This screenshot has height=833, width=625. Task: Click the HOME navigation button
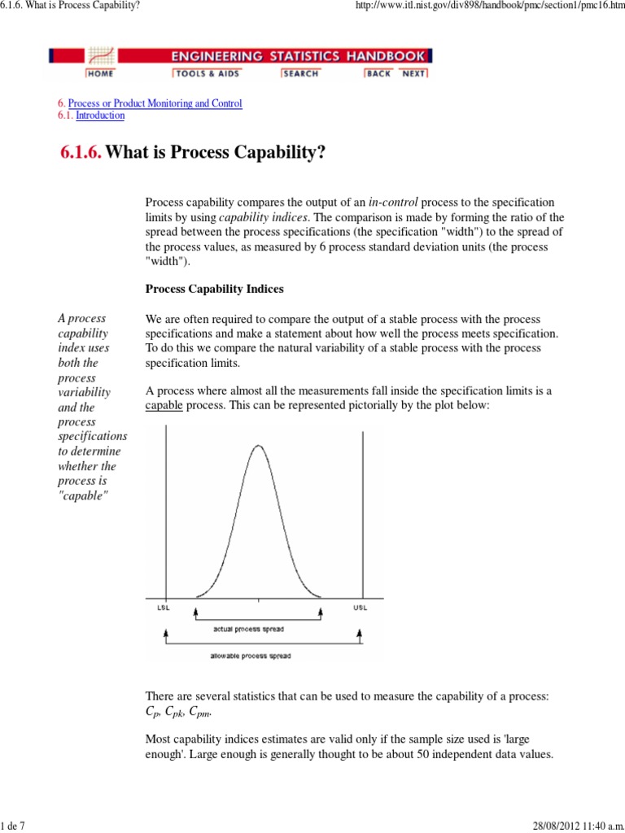pos(100,74)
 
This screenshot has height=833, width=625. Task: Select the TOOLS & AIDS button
pos(200,74)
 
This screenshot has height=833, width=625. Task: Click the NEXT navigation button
pos(413,74)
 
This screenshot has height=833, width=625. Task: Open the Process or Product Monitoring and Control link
pos(155,104)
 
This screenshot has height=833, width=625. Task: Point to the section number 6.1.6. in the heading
pos(81,153)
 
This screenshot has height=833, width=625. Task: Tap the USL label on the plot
pos(361,608)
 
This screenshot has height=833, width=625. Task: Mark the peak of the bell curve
pos(259,446)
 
